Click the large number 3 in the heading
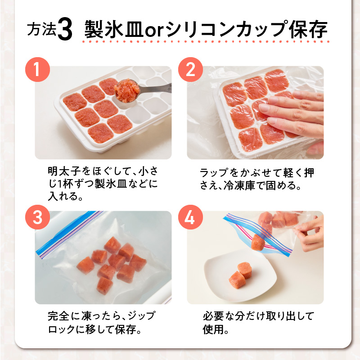65,30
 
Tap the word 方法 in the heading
41,29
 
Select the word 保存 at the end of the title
308,29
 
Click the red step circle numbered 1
37,69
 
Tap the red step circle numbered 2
190,69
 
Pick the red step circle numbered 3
37,217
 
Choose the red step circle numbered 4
190,217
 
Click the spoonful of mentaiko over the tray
127,89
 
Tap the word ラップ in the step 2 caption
214,173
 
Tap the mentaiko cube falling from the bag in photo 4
258,243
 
